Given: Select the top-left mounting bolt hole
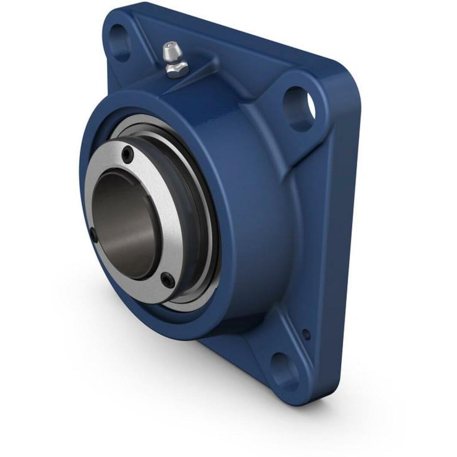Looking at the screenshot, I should point(120,42).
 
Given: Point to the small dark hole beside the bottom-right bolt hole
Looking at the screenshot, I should point(306,334).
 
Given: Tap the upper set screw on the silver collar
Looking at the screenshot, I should point(128,154).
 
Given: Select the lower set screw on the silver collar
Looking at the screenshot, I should point(168,280).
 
